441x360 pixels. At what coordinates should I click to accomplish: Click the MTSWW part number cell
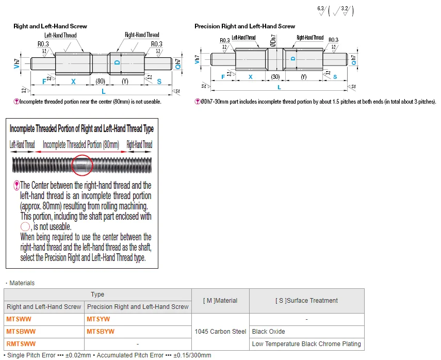tap(19, 319)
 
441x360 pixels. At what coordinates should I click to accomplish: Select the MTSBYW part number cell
tap(101, 332)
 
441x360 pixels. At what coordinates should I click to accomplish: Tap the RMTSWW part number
tap(21, 343)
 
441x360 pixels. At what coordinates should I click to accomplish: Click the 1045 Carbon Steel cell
tap(220, 332)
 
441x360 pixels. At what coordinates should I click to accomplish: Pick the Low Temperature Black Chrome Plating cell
tap(306, 343)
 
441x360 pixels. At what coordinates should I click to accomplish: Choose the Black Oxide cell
tap(268, 332)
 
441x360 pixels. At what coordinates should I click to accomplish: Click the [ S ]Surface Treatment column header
tap(306, 301)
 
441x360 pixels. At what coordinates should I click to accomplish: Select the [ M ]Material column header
tap(220, 301)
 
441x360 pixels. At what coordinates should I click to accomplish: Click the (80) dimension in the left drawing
tap(100, 81)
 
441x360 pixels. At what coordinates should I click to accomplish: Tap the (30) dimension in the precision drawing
tap(275, 77)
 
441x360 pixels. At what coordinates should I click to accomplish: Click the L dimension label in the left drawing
tap(104, 91)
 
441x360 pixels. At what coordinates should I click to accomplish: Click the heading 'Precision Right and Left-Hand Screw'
tap(244, 26)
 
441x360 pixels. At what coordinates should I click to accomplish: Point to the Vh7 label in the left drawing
tap(17, 63)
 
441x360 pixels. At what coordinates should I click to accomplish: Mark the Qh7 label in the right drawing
tap(352, 60)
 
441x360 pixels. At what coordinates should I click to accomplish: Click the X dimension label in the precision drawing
tap(251, 77)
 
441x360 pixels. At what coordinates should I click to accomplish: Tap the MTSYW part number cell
tap(97, 319)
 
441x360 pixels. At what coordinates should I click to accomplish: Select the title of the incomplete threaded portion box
tap(81, 129)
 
